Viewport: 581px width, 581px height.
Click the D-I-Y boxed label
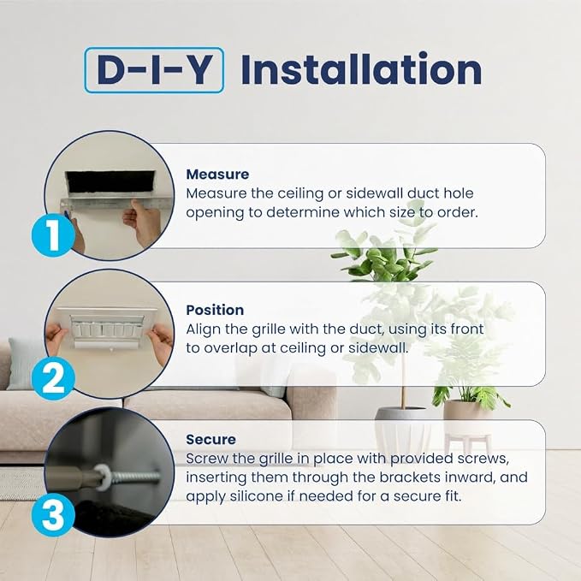154,70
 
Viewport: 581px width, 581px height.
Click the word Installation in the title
362,69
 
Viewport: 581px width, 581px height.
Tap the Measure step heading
217,175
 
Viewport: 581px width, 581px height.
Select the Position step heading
215,310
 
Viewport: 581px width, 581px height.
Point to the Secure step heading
210,440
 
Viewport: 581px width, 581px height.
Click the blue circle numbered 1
52,235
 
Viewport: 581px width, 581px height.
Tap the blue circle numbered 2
53,378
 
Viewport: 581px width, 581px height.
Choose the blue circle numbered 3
53,515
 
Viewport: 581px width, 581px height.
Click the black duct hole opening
110,182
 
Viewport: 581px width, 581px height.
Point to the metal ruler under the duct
116,204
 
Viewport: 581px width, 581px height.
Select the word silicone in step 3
256,496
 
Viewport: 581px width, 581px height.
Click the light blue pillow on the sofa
26,364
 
